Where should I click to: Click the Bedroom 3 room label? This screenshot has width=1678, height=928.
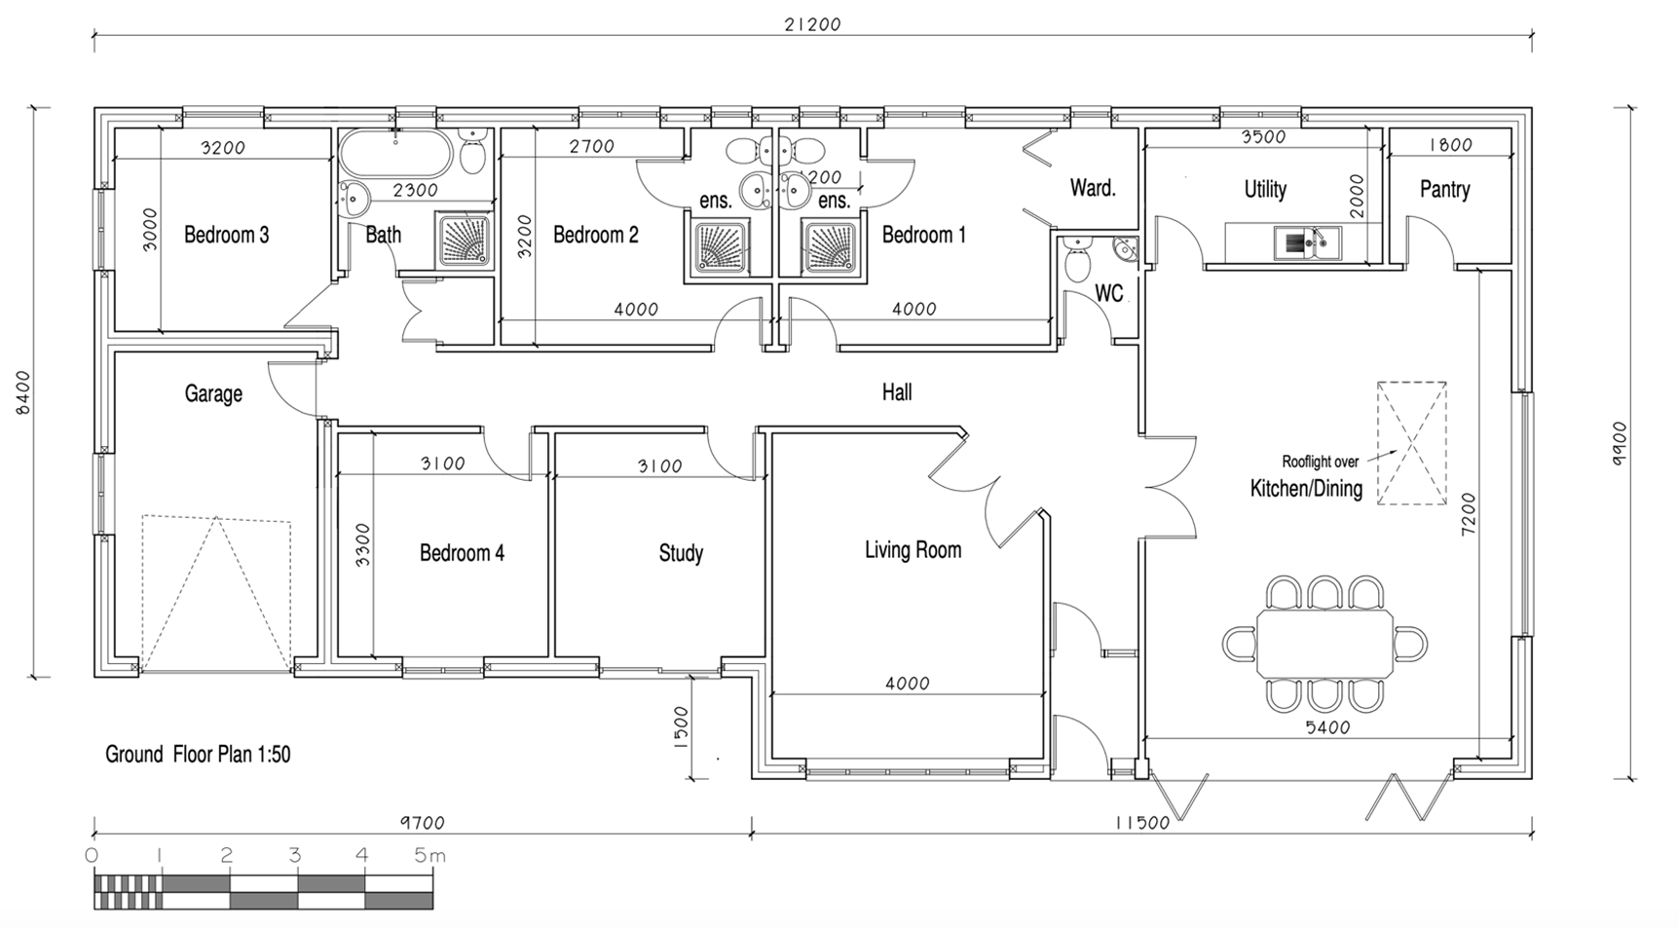[226, 235]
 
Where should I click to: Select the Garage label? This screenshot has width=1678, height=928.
[213, 393]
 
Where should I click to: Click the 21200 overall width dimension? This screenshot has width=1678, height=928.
[812, 24]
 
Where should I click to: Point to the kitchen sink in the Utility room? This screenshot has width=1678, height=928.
[1307, 242]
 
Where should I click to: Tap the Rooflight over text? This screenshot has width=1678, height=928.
[1320, 463]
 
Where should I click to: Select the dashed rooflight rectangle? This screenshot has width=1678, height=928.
[1411, 443]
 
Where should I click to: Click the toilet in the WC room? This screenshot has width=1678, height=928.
[1078, 263]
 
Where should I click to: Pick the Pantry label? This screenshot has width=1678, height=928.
[1444, 190]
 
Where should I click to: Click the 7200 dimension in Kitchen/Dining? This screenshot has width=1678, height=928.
[1469, 512]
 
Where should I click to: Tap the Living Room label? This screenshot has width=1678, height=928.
[913, 550]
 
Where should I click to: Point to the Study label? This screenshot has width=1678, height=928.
[681, 553]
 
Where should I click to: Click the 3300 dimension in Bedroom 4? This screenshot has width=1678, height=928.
[361, 545]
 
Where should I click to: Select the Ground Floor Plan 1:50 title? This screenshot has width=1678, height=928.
[198, 755]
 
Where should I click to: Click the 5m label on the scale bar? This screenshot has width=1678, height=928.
[429, 856]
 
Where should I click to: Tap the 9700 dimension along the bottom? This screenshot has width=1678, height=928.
[422, 823]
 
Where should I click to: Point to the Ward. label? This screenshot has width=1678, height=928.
[1092, 188]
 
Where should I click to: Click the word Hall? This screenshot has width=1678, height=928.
[897, 392]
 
